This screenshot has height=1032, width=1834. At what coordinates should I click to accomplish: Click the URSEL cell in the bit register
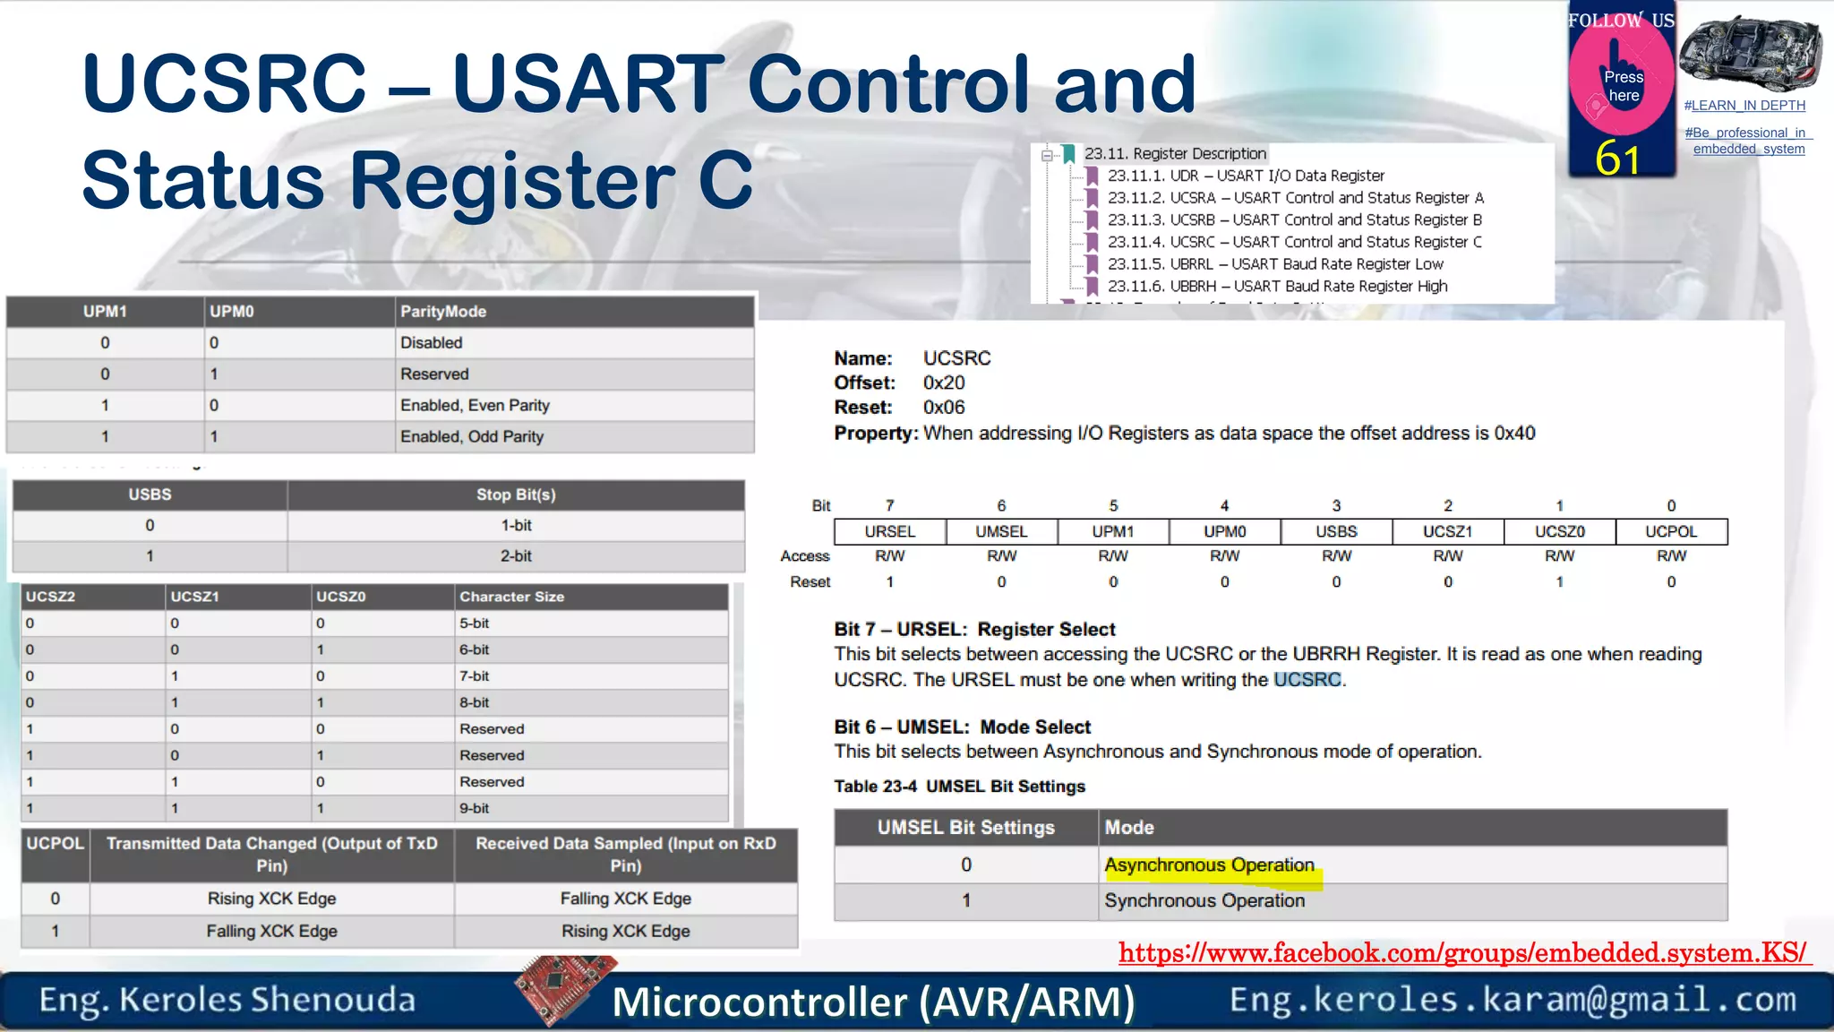[889, 531]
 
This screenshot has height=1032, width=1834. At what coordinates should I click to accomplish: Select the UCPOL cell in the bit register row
[1670, 531]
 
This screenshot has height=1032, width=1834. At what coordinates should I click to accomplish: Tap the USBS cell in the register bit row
[1335, 531]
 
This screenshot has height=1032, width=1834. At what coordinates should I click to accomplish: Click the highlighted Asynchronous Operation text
[1209, 865]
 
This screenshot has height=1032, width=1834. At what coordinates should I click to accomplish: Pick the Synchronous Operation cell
[1204, 901]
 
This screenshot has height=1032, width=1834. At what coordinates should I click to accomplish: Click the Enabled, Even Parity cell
[475, 406]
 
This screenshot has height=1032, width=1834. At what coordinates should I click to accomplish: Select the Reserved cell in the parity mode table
[434, 374]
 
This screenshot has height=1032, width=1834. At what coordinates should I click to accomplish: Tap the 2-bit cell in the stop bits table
[516, 556]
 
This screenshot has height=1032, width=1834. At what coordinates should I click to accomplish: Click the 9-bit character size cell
[475, 808]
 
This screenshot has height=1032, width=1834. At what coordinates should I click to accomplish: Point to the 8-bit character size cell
[475, 702]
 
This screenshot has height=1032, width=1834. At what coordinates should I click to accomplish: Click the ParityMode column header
[443, 312]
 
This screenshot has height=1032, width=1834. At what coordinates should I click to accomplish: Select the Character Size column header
[511, 597]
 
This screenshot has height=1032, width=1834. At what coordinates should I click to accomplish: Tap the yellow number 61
[1617, 159]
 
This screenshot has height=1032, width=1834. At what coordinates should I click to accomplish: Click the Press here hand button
[1622, 81]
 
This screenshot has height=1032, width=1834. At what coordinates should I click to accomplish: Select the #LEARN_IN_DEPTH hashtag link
[1744, 106]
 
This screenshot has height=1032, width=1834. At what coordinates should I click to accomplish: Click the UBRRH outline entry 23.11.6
[1277, 287]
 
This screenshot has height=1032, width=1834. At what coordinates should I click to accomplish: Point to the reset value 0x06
[944, 408]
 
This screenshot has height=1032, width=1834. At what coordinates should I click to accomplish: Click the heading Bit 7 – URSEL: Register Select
[974, 630]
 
